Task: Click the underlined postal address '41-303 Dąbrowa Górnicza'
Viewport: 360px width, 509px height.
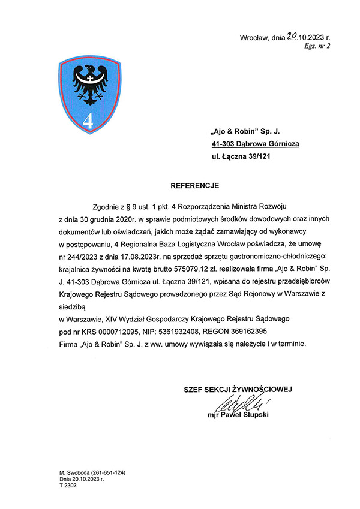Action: [255, 144]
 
